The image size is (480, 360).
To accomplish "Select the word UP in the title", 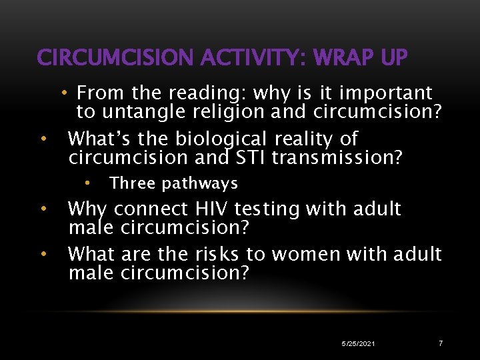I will tap(392, 58).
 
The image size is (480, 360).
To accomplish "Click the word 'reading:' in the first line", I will tap(207, 93).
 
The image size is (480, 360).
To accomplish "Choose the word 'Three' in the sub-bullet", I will tap(132, 183).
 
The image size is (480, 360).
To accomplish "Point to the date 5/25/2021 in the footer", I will tap(357, 343).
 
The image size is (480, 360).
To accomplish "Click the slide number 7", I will tap(440, 343).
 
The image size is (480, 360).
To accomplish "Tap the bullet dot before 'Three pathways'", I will tap(87, 182).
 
